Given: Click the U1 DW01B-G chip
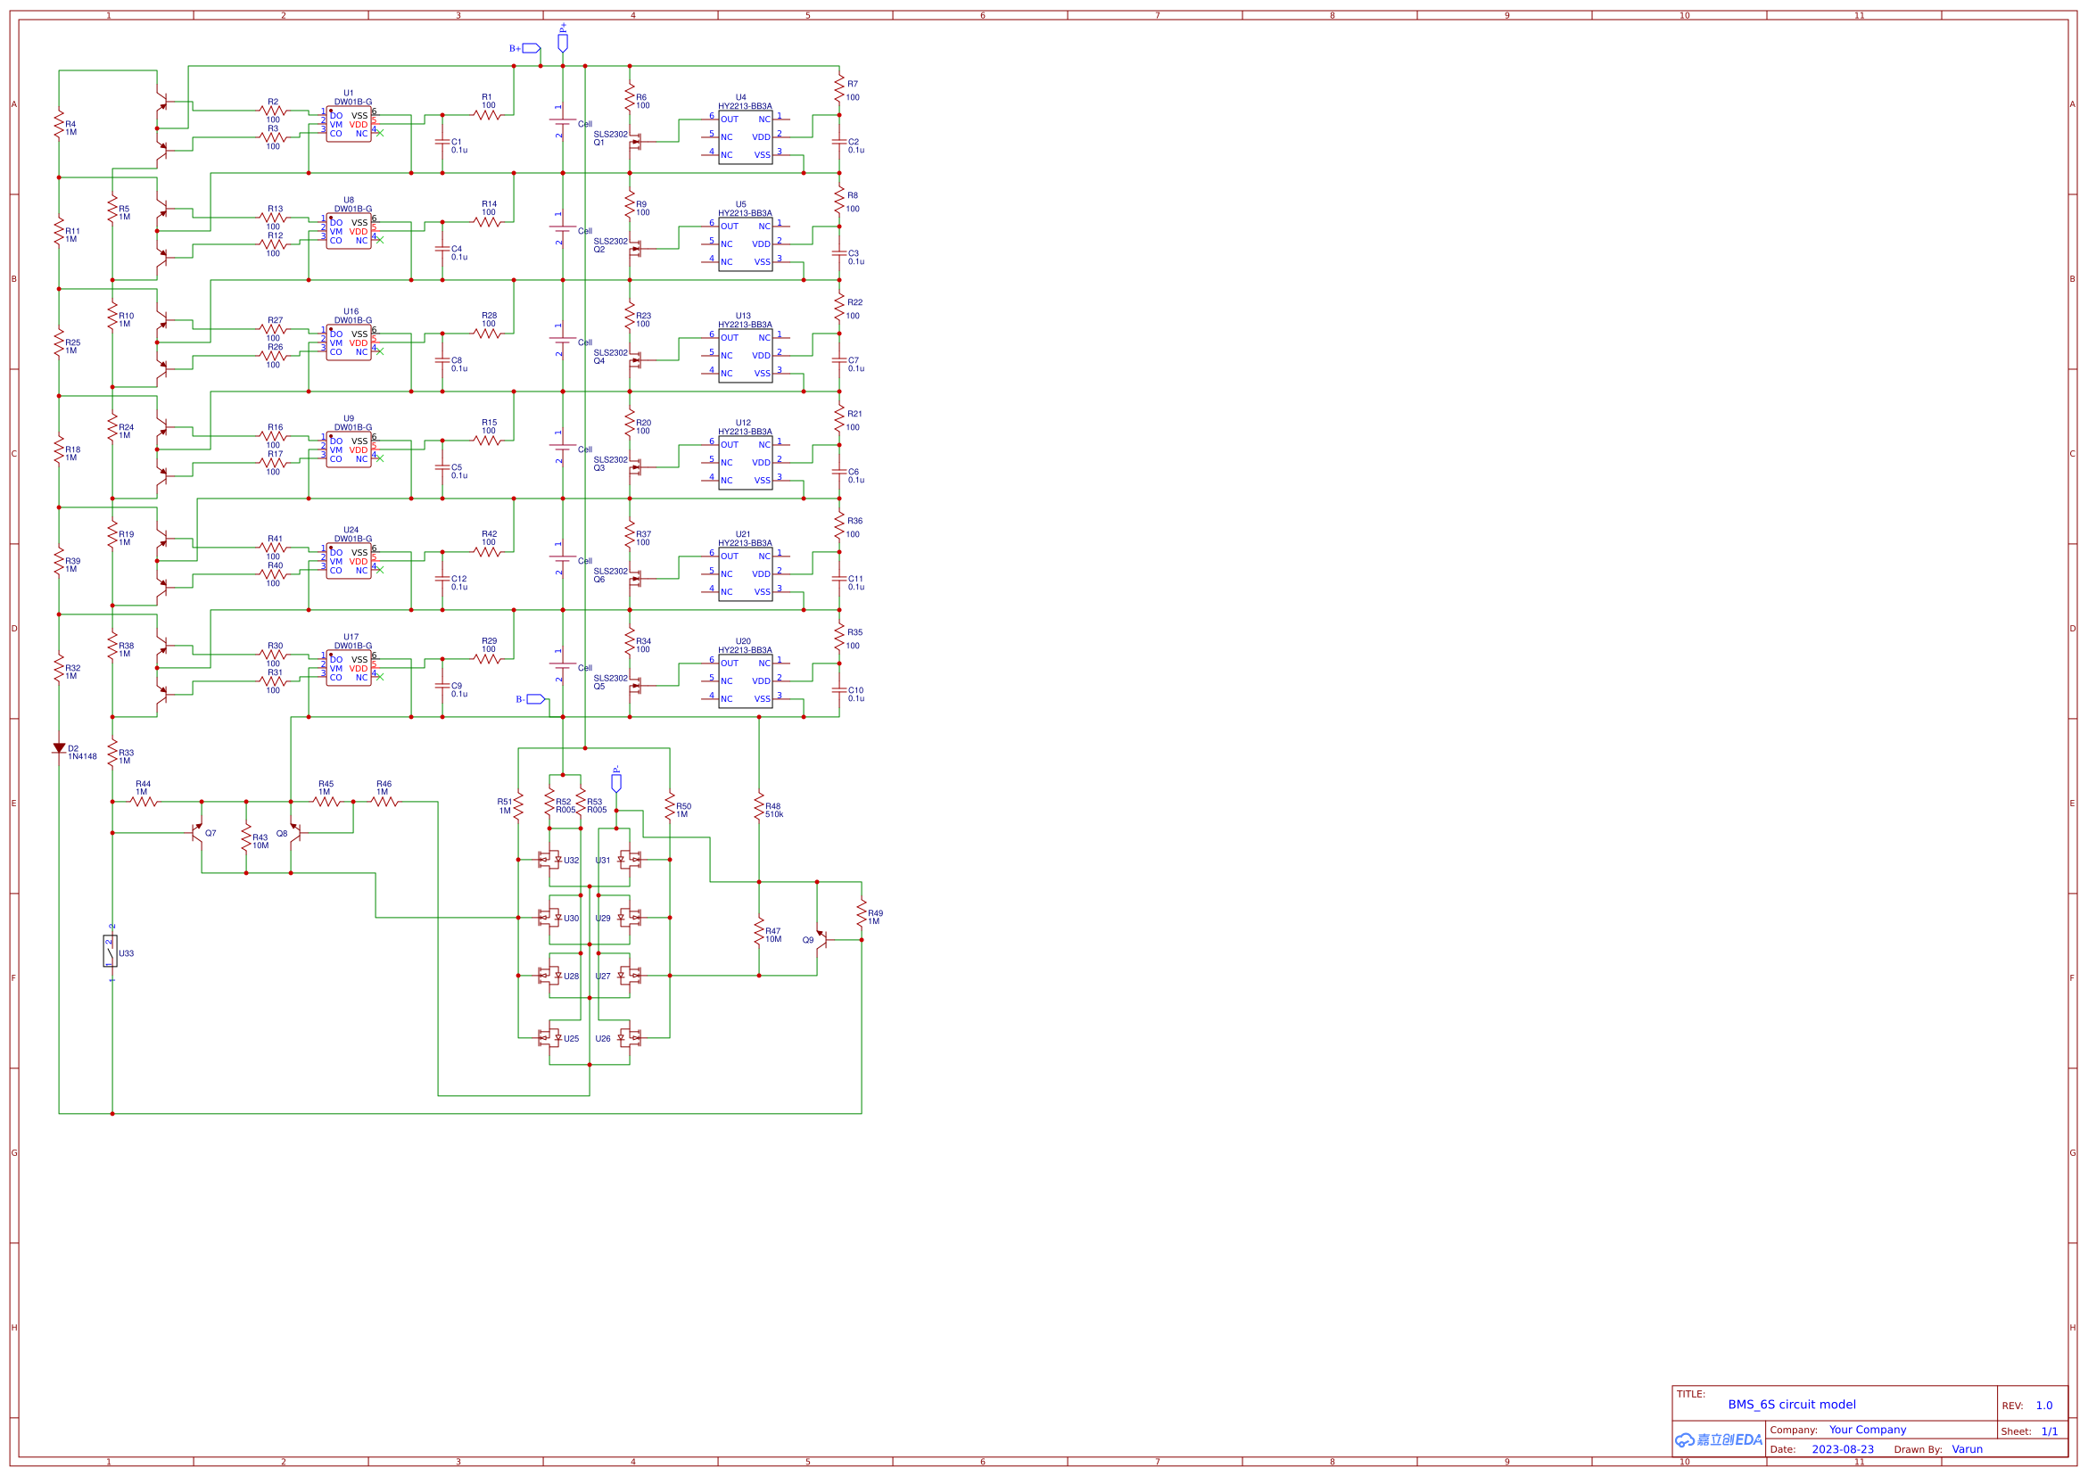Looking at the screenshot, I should click(349, 126).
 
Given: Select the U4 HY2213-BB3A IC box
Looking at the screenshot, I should click(745, 137).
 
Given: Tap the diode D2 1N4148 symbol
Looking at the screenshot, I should click(59, 748).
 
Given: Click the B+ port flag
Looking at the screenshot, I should click(530, 48).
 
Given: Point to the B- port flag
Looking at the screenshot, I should click(536, 699).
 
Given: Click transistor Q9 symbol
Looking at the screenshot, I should click(821, 939).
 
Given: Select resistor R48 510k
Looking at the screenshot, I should click(758, 806).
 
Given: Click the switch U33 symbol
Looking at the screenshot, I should click(110, 952).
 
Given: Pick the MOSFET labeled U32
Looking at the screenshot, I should click(549, 860).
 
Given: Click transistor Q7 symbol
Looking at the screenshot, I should click(198, 832).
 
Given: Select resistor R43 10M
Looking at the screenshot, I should click(245, 837).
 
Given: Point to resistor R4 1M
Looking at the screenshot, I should click(59, 124).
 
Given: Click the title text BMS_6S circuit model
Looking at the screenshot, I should click(1792, 1404).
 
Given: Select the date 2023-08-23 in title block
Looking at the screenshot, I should click(1843, 1449).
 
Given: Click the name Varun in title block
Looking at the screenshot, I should click(1967, 1449).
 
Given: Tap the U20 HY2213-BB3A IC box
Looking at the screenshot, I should click(745, 681).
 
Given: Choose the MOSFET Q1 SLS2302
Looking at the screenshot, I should click(636, 142).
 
